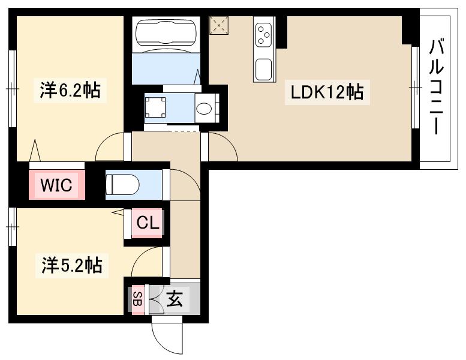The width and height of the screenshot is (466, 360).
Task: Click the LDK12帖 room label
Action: (327, 92)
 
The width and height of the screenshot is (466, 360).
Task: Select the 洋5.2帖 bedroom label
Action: (72, 265)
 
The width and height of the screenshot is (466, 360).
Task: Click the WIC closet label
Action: (56, 185)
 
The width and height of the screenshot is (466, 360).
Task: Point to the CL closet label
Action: (148, 223)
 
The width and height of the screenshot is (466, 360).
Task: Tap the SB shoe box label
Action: (138, 299)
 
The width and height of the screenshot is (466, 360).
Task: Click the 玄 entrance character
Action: (175, 298)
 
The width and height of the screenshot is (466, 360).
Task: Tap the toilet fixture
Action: (122, 184)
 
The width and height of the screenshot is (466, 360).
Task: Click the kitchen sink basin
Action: (264, 69)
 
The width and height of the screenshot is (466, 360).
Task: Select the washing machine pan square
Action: (155, 107)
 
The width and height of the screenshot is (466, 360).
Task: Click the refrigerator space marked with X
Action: (219, 25)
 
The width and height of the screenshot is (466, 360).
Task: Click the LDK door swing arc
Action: (229, 142)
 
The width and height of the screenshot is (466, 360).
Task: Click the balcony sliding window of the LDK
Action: (415, 88)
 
